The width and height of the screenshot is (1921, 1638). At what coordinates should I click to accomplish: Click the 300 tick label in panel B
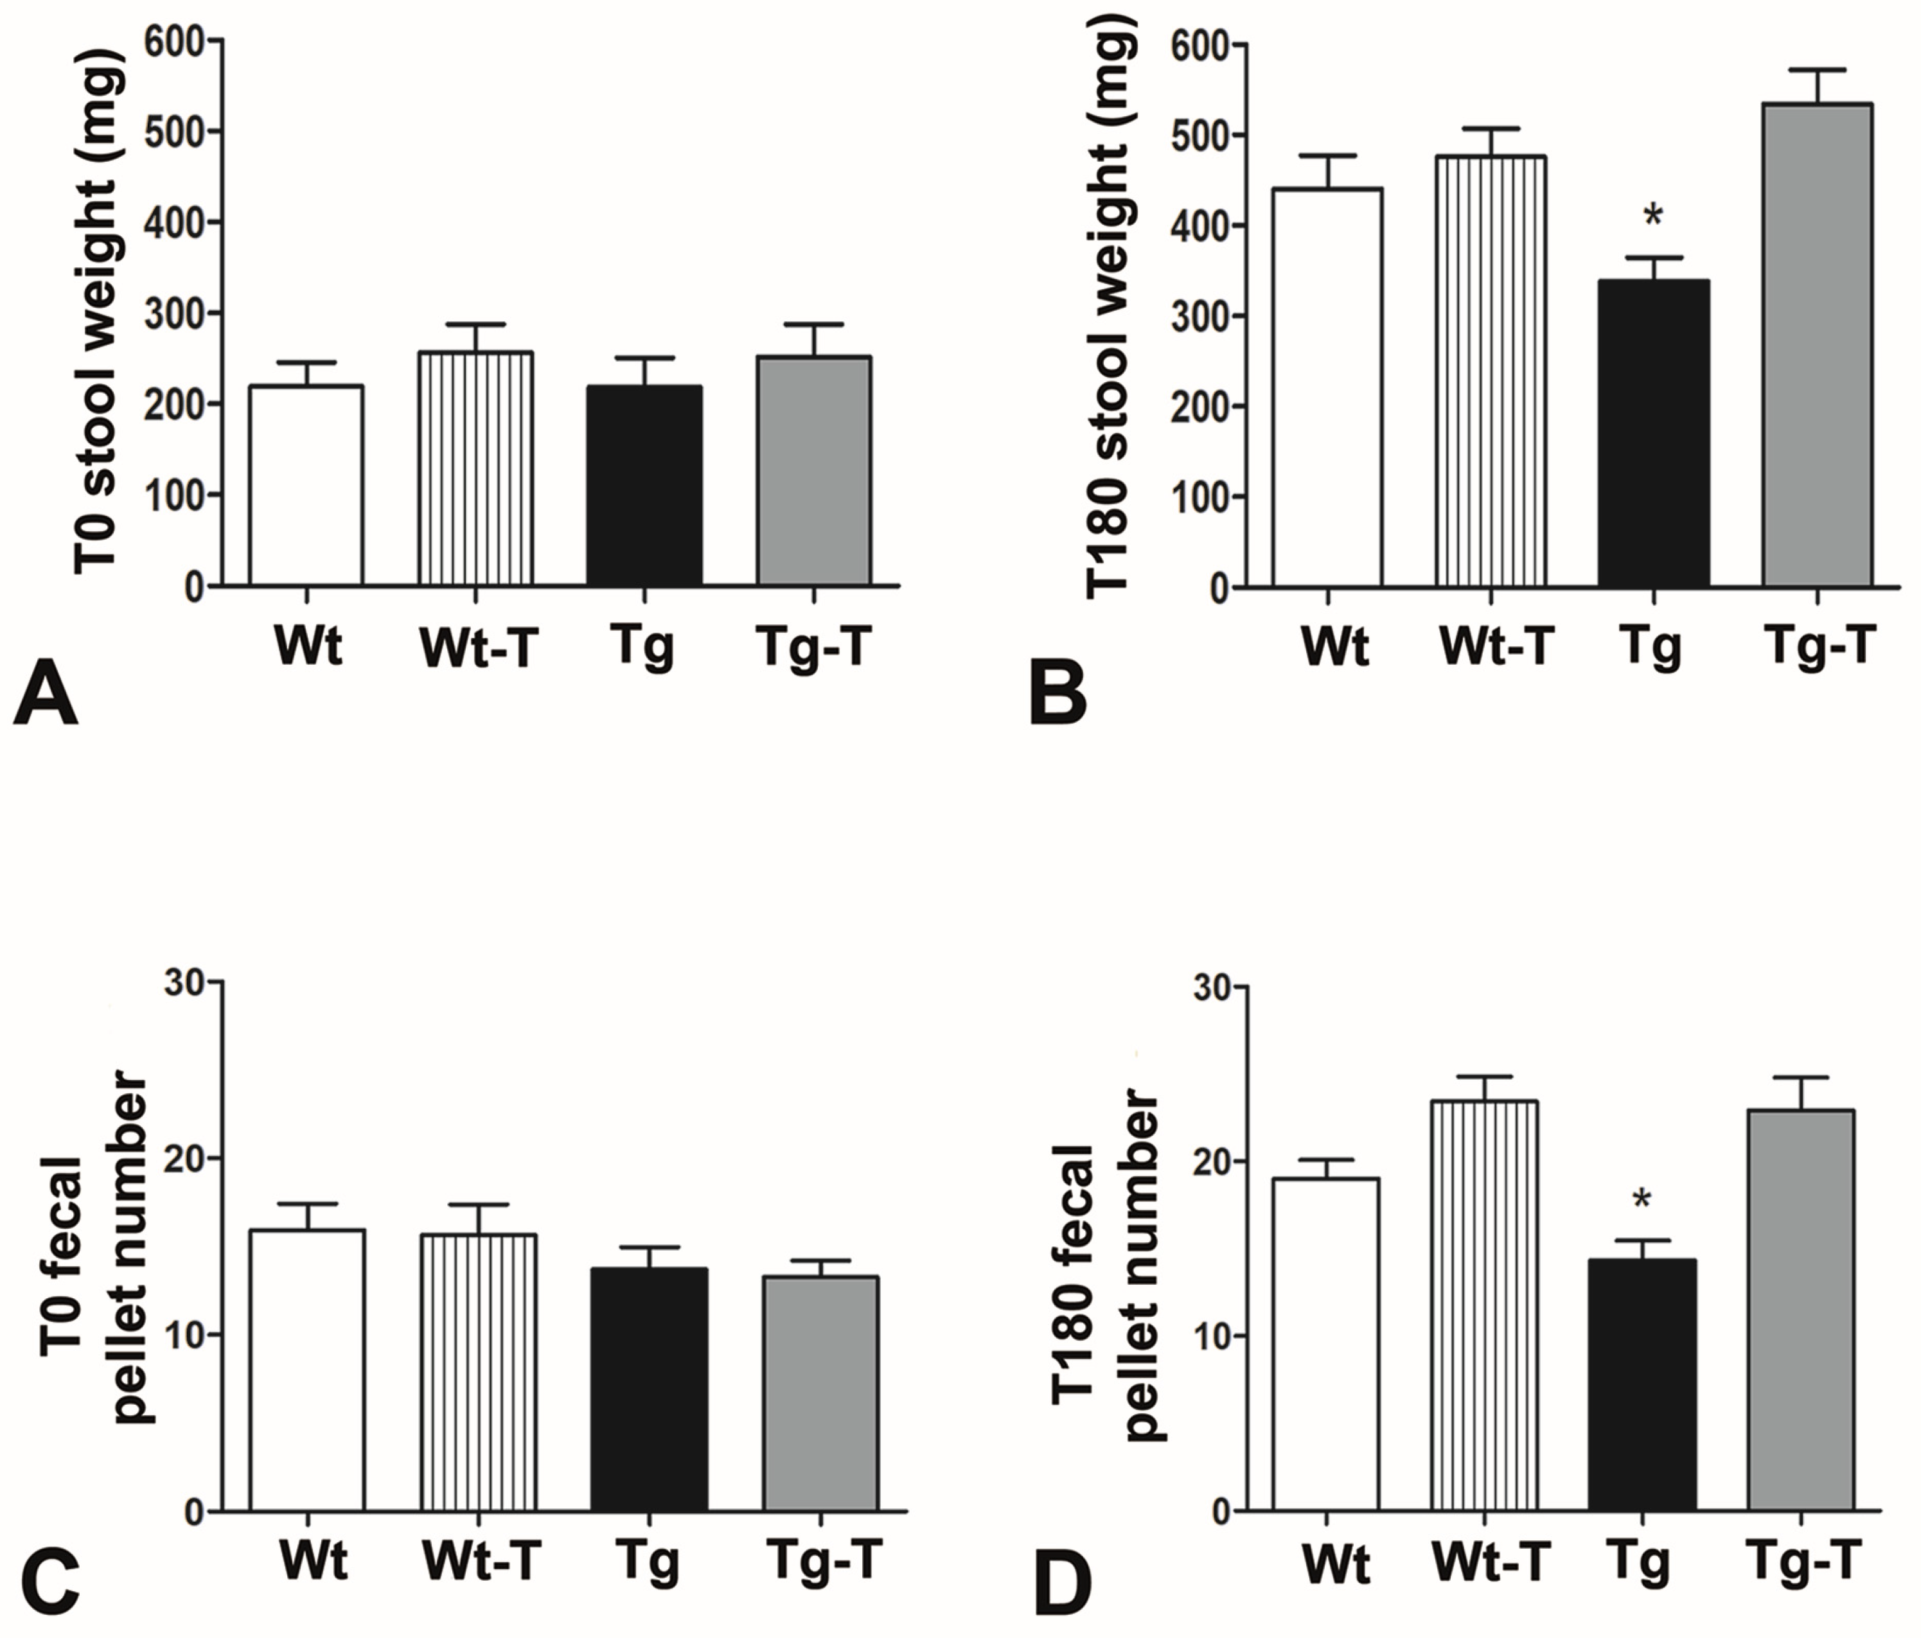(x=1197, y=316)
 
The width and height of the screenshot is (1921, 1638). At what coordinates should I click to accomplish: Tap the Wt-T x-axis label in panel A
(x=479, y=647)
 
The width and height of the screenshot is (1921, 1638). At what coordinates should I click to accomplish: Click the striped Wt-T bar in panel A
(x=475, y=468)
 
